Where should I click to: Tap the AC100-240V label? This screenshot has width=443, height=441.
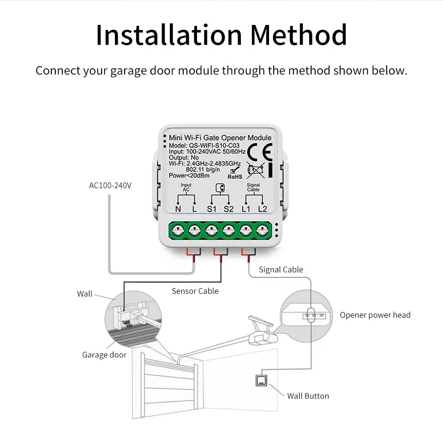(x=110, y=186)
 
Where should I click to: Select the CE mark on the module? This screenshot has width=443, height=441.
(x=259, y=151)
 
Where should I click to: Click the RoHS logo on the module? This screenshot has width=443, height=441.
(x=235, y=173)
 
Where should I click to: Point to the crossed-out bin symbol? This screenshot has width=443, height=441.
(x=255, y=170)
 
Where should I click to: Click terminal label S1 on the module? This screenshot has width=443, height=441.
(x=212, y=209)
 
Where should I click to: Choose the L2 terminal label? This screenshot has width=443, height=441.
(x=263, y=209)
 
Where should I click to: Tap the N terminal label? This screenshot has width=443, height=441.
(x=178, y=209)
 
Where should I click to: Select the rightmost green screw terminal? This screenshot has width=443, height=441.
(x=263, y=229)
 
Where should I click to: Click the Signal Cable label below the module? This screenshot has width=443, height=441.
(x=281, y=270)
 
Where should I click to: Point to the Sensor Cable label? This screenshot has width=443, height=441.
(x=195, y=291)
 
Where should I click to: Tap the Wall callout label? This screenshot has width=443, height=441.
(x=84, y=294)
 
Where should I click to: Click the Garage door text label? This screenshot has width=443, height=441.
(x=104, y=355)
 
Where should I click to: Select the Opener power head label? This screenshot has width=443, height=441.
(x=375, y=315)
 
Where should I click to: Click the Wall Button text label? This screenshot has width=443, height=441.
(x=308, y=396)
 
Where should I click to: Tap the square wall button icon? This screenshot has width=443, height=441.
(x=261, y=381)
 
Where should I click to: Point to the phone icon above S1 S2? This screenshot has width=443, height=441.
(x=220, y=187)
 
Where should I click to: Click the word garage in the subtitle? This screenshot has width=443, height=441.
(x=128, y=71)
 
